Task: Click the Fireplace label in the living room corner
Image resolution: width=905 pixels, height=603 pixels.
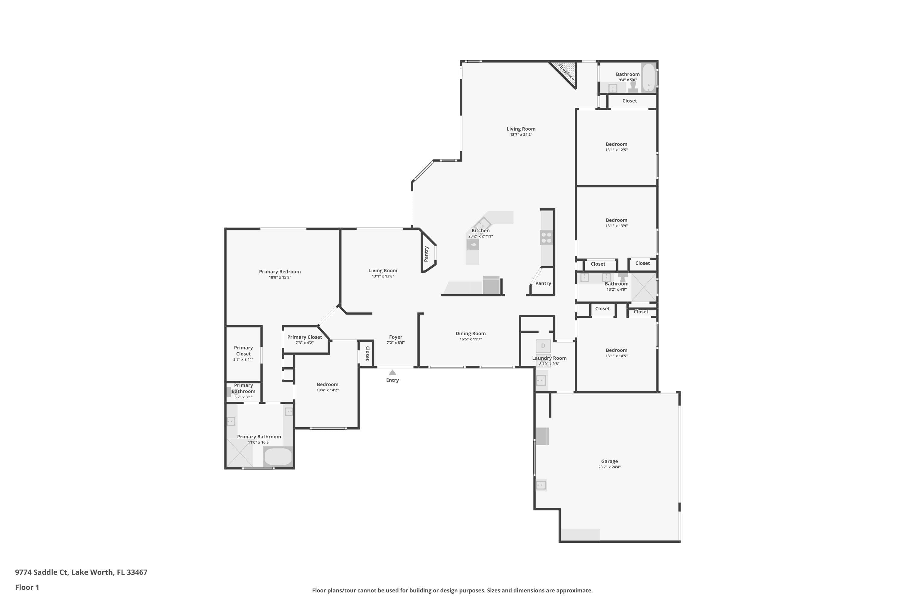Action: [x=566, y=72]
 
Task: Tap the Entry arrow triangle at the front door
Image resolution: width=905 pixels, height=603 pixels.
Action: [x=392, y=372]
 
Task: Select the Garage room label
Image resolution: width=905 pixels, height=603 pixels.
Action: [x=609, y=461]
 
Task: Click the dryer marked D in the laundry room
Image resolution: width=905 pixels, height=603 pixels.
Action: [x=543, y=346]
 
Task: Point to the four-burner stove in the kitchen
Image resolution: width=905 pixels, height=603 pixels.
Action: [x=546, y=237]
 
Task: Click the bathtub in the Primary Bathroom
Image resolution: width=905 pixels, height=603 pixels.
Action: [x=278, y=457]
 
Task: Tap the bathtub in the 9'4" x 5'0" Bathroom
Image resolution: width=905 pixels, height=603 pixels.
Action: [x=649, y=78]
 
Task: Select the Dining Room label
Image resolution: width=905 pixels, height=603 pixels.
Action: [x=471, y=333]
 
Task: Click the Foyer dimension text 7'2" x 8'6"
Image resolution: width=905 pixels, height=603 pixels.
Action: [x=395, y=343]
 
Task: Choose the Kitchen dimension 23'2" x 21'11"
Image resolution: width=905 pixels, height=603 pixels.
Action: [x=481, y=236]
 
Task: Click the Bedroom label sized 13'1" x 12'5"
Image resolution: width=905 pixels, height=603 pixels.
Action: [x=616, y=144]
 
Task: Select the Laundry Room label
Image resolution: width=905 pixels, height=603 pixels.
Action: [x=549, y=358]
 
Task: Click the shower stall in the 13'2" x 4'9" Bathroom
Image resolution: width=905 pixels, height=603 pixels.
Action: [x=644, y=287]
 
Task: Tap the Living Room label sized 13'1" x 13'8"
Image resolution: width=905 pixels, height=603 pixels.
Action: [x=383, y=270]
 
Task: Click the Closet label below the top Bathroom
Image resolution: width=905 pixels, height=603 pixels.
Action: [x=630, y=101]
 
